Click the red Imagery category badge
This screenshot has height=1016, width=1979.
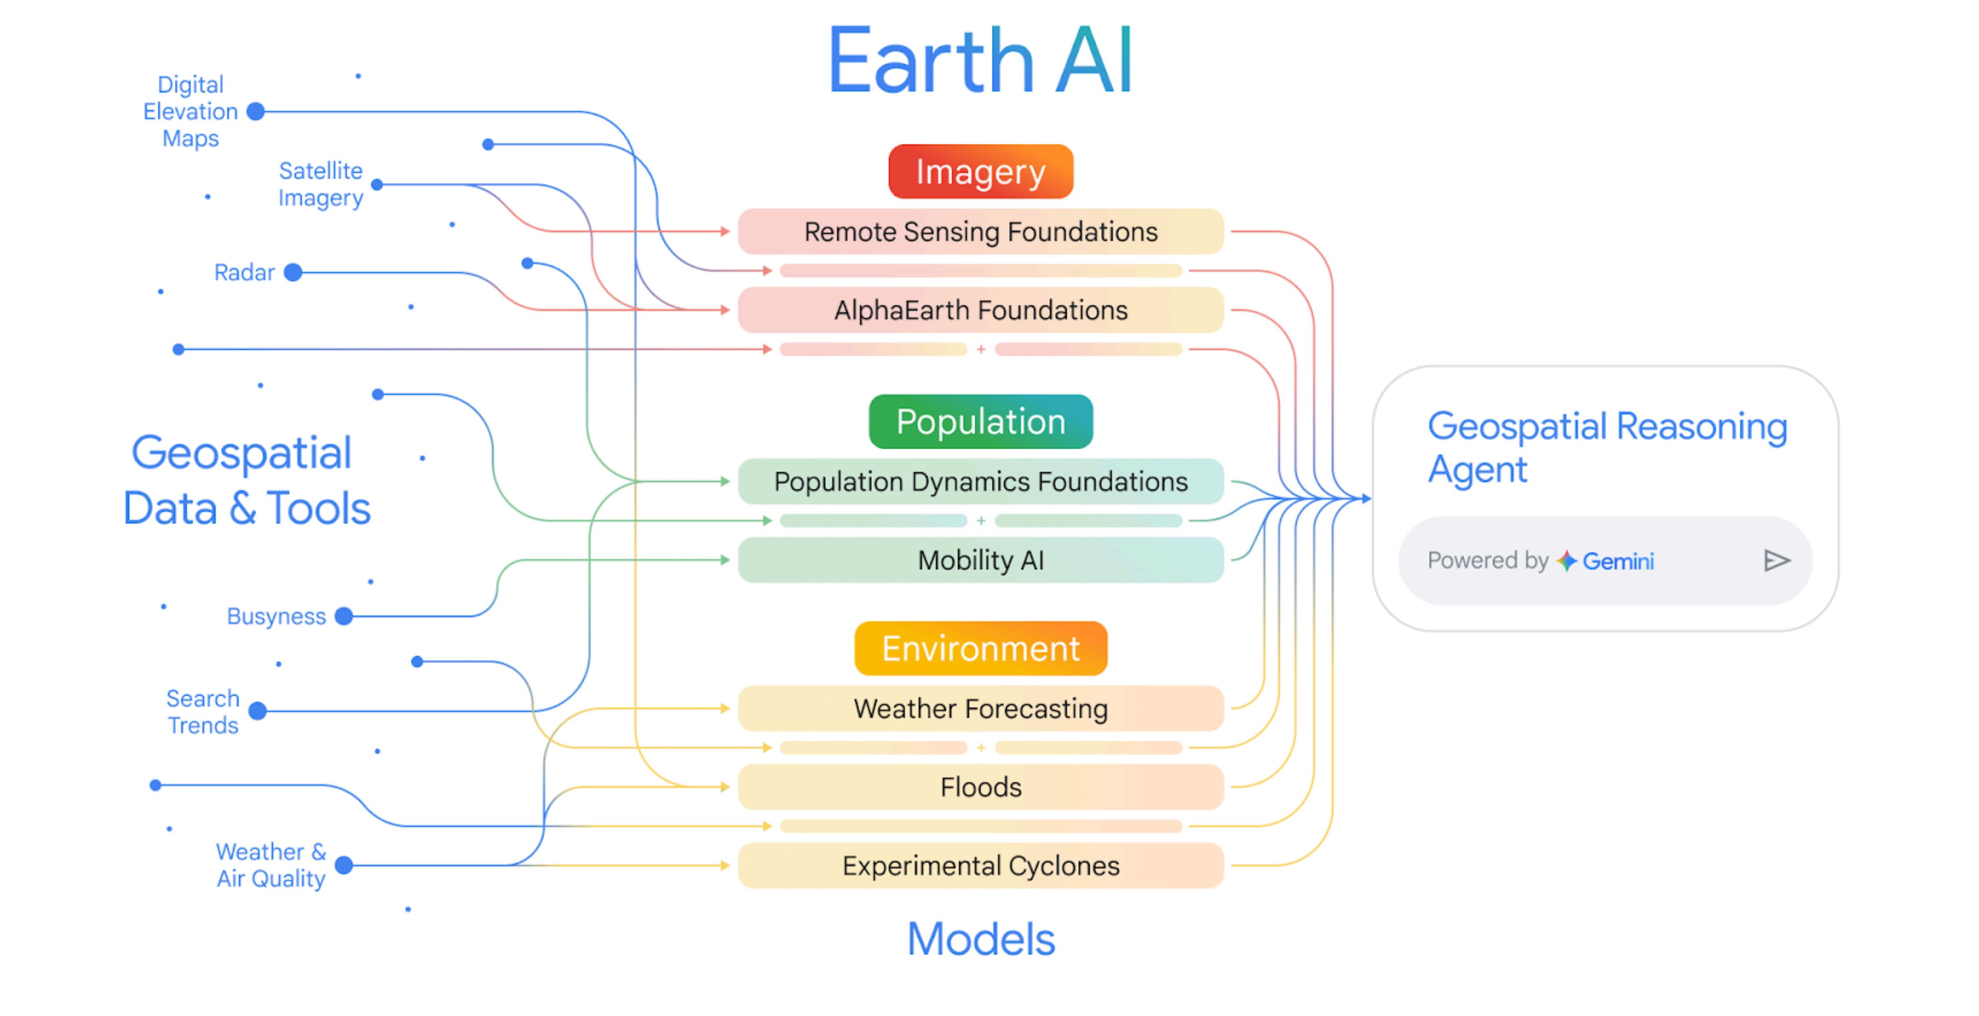tap(981, 171)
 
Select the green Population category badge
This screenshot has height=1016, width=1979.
tap(981, 422)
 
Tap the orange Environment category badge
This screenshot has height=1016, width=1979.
tap(981, 648)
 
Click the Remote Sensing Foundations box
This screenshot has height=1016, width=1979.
tap(981, 231)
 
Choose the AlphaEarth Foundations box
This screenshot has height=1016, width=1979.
tap(981, 310)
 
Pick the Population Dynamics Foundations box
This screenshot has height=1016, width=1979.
tap(981, 482)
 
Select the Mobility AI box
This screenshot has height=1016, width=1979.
tap(981, 560)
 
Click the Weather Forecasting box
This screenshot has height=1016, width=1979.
tap(981, 708)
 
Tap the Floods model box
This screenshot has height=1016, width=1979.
tap(981, 787)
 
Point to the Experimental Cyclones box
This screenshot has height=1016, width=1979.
tap(981, 865)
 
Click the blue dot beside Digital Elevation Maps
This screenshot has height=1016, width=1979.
tap(256, 112)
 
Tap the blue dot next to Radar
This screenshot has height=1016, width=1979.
tap(293, 273)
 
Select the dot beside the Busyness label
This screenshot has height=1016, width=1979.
tap(344, 616)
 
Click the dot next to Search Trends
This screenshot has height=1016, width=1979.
tap(258, 711)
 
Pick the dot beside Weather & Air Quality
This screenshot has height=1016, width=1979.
tap(344, 865)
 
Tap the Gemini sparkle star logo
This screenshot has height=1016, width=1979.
tap(1566, 561)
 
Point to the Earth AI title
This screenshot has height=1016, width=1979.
tap(981, 61)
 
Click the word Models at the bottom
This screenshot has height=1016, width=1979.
tap(981, 939)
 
